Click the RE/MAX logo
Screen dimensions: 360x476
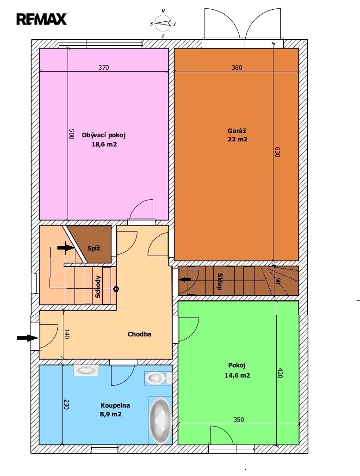point(42,19)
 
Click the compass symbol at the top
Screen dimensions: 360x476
point(163,23)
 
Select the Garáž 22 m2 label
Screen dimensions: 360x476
point(237,135)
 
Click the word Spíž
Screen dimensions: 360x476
point(93,248)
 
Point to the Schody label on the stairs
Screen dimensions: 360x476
point(98,286)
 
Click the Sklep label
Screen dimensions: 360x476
point(219,282)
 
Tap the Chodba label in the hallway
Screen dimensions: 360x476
point(139,334)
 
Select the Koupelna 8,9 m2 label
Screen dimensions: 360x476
point(111,409)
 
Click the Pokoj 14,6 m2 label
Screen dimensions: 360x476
point(237,370)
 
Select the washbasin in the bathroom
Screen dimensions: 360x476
point(86,370)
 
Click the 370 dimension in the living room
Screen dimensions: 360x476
point(103,67)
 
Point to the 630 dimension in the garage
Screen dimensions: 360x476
point(277,152)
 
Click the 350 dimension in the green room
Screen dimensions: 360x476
point(239,420)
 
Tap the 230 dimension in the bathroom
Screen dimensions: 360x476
point(67,404)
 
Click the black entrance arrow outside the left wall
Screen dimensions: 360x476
point(27,337)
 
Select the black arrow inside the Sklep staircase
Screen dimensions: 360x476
point(185,280)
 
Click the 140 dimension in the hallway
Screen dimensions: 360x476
point(67,334)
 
